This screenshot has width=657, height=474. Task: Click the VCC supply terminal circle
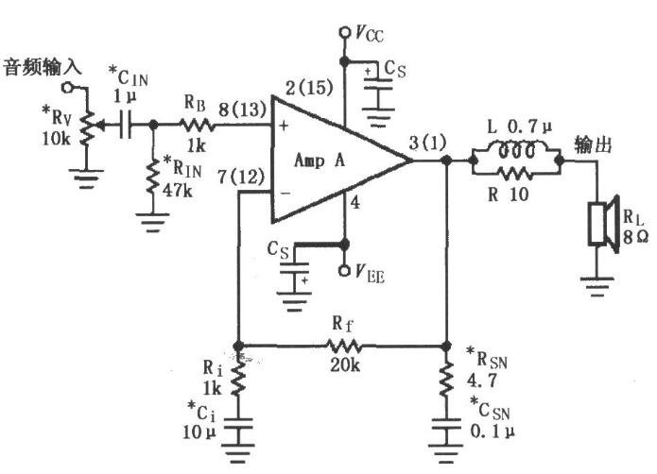(x=344, y=32)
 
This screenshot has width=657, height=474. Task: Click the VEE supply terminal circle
(x=344, y=271)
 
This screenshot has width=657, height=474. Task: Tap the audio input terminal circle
(x=66, y=88)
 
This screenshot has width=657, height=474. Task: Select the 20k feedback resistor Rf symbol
(x=343, y=346)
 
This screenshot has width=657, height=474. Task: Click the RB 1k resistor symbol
(x=196, y=125)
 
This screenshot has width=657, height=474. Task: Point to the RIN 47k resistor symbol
(x=153, y=178)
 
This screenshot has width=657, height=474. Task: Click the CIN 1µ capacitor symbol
(x=126, y=125)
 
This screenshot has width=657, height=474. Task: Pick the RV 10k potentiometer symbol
(x=89, y=125)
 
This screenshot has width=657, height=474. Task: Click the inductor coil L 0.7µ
(x=516, y=150)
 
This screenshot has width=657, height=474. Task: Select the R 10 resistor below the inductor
(x=515, y=173)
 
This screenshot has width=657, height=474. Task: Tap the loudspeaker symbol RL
(x=603, y=224)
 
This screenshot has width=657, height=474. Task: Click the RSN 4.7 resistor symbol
(x=446, y=379)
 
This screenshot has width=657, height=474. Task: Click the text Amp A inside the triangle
(x=320, y=161)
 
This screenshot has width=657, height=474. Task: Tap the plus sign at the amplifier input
(x=284, y=125)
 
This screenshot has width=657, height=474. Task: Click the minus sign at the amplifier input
(x=285, y=193)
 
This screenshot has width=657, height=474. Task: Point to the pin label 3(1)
(x=427, y=143)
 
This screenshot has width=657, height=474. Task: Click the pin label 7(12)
(x=241, y=177)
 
